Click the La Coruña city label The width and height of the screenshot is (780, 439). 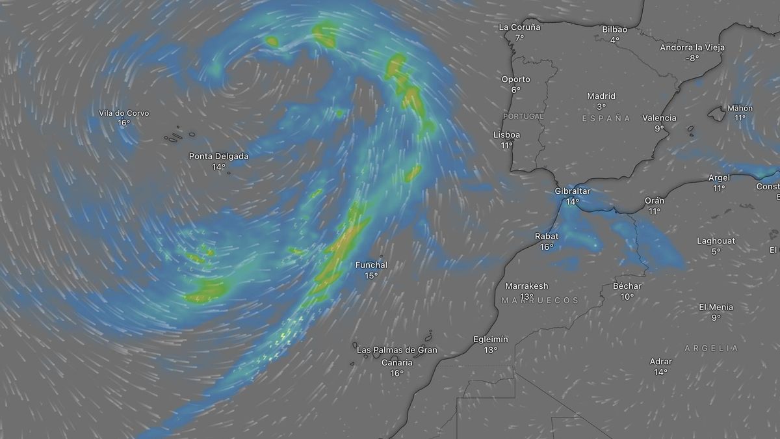519,27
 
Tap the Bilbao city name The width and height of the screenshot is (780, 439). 614,29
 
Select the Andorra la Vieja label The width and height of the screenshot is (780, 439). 692,47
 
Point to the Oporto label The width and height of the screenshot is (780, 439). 515,79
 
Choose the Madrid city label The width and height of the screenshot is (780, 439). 601,96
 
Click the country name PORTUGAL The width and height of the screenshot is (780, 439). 523,116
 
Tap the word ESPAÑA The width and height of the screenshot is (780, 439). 606,118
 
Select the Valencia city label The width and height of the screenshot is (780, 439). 659,118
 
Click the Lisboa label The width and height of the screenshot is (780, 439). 507,135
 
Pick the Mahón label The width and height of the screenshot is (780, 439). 740,108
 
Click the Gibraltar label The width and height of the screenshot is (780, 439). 572,191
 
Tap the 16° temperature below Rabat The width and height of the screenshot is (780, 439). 546,247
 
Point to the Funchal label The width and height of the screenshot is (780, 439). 371,265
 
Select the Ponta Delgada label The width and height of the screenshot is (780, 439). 218,156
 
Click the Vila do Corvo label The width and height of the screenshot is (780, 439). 123,113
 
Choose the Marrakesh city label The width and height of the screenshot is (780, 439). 526,286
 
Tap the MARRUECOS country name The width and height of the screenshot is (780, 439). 539,300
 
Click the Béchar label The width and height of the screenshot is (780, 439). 627,286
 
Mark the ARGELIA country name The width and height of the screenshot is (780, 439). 711,349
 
